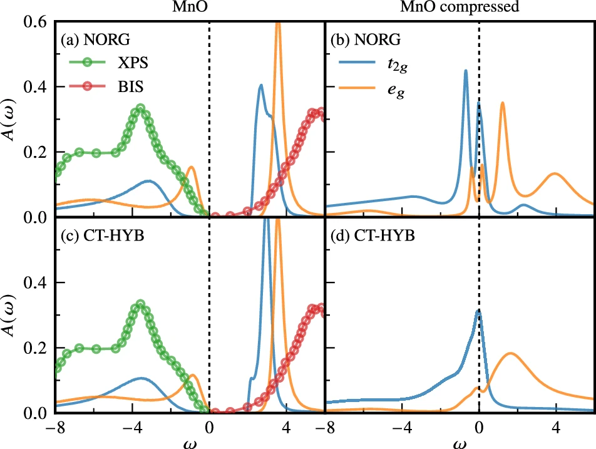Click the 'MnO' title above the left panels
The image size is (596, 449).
[x=190, y=8]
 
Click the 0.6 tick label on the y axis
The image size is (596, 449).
[x=38, y=21]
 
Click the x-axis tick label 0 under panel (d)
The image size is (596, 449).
[x=479, y=428]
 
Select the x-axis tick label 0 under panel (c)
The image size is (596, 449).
[x=208, y=428]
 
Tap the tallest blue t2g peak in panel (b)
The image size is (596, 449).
[x=466, y=71]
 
